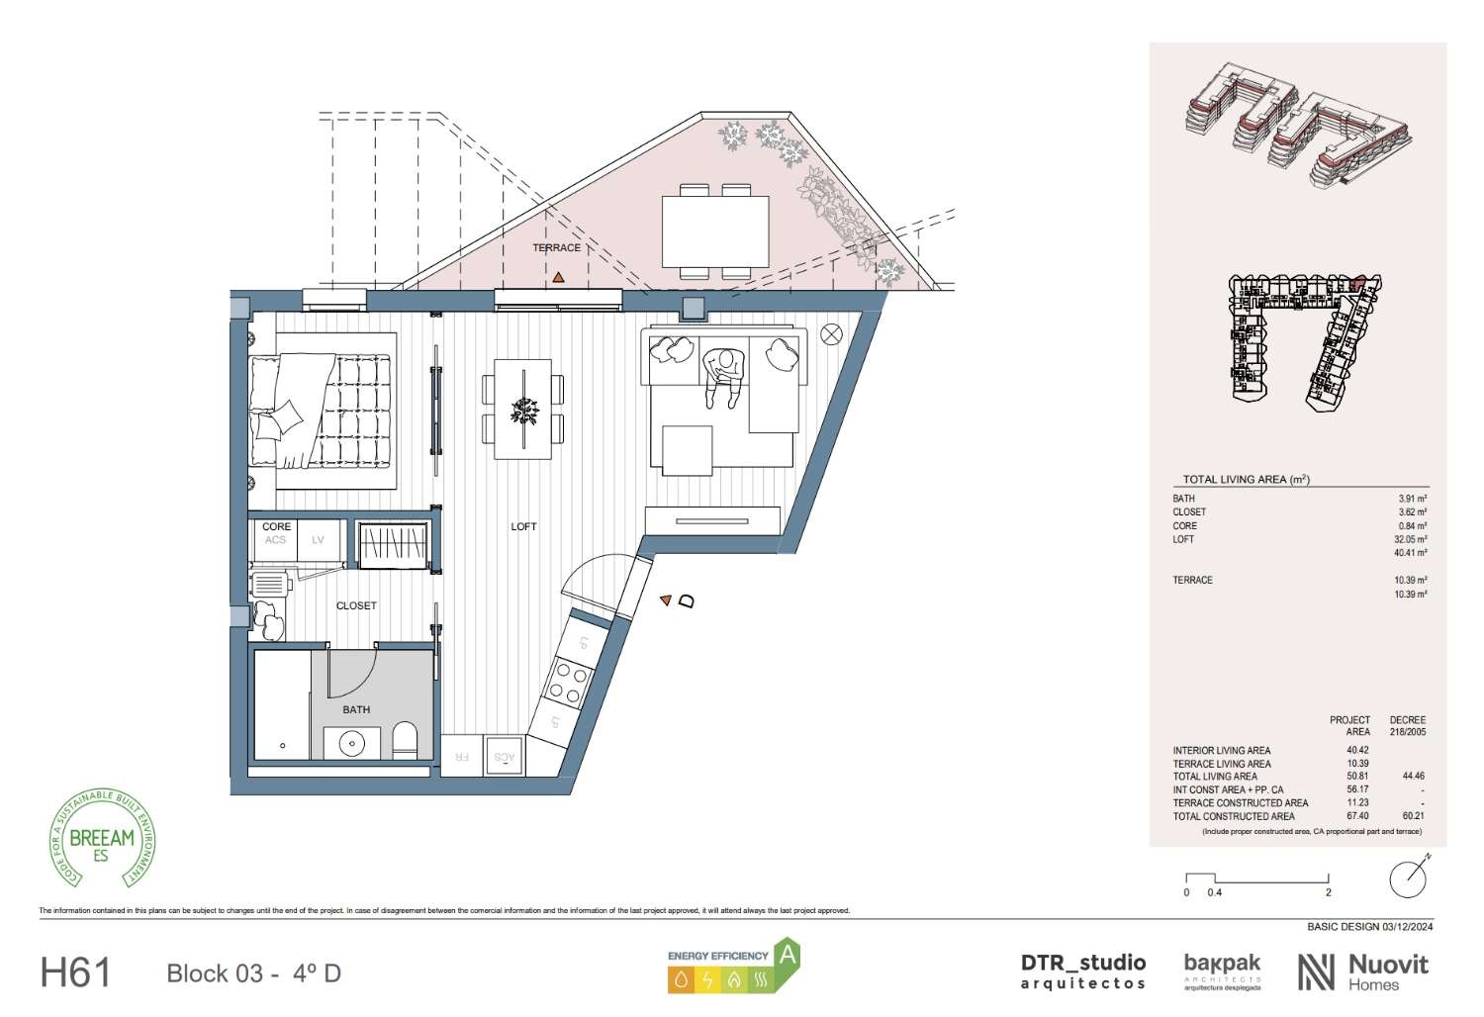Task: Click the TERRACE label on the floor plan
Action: pyautogui.click(x=556, y=248)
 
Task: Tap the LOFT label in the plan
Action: pyautogui.click(x=523, y=526)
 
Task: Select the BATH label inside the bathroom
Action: pyautogui.click(x=356, y=709)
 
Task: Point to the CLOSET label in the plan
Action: pyautogui.click(x=356, y=605)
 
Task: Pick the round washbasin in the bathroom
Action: pyautogui.click(x=351, y=742)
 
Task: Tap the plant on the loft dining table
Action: pyautogui.click(x=523, y=409)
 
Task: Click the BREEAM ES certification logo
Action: pyautogui.click(x=102, y=840)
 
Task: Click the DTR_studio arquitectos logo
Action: pyautogui.click(x=1082, y=971)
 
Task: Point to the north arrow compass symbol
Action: pyautogui.click(x=1408, y=878)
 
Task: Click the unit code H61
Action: pyautogui.click(x=75, y=972)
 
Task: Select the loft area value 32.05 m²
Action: pyautogui.click(x=1412, y=539)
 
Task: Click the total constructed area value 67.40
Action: pyautogui.click(x=1357, y=816)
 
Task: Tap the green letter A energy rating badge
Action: pyautogui.click(x=787, y=956)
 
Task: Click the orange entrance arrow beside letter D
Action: pyautogui.click(x=666, y=600)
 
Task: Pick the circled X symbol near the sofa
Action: pyautogui.click(x=831, y=334)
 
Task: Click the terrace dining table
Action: pyautogui.click(x=715, y=231)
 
